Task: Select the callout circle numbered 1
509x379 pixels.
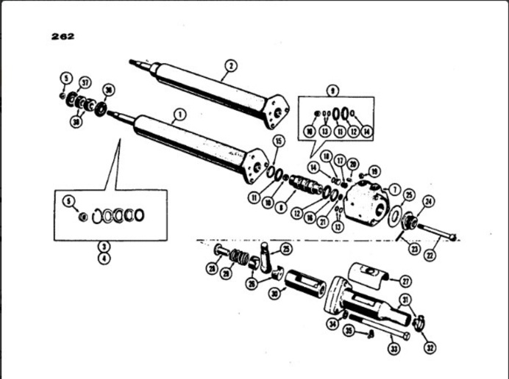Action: (x=177, y=115)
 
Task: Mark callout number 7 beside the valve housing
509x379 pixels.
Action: (x=394, y=189)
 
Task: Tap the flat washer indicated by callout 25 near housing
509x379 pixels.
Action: (x=394, y=217)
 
